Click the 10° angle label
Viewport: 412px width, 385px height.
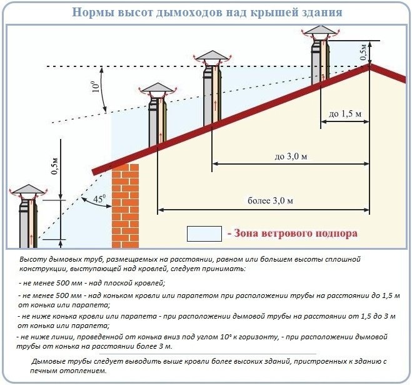(x=95, y=85)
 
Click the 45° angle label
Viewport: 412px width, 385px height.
(x=100, y=200)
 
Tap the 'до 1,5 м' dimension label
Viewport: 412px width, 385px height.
(x=344, y=114)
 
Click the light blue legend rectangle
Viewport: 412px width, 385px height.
(x=204, y=234)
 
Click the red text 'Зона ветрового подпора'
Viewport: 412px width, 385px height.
(x=293, y=233)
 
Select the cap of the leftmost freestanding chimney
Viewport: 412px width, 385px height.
(x=28, y=189)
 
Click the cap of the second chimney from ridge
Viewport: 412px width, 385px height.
(x=214, y=56)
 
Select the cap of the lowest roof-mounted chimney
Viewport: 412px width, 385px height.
(x=156, y=89)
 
